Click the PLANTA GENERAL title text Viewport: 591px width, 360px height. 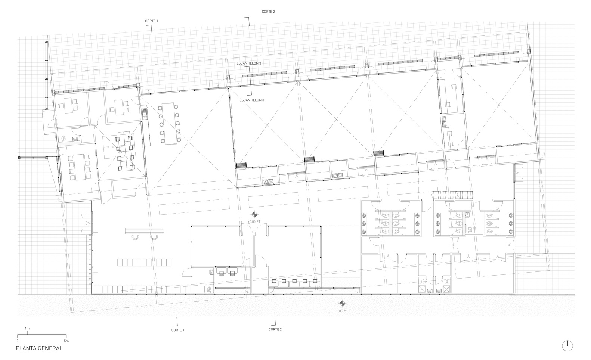click(x=39, y=348)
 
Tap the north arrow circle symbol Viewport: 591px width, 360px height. click(x=567, y=346)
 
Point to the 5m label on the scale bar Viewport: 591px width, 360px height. click(x=66, y=341)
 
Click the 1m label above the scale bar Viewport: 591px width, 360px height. click(x=27, y=329)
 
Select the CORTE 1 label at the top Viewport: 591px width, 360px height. click(x=151, y=21)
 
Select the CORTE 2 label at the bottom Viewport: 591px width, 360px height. click(x=275, y=329)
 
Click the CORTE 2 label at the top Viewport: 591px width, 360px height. click(x=268, y=12)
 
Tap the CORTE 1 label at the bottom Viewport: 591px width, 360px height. click(x=178, y=330)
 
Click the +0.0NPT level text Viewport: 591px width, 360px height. click(x=254, y=221)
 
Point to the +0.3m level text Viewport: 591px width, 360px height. click(x=341, y=311)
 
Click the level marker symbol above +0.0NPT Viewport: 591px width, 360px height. click(x=254, y=215)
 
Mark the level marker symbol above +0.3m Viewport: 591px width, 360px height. click(x=341, y=304)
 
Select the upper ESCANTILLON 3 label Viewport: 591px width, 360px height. click(x=248, y=63)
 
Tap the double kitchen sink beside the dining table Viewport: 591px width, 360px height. click(x=144, y=114)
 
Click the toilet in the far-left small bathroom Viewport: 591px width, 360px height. click(x=64, y=139)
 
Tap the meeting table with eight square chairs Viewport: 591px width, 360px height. click(x=77, y=167)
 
